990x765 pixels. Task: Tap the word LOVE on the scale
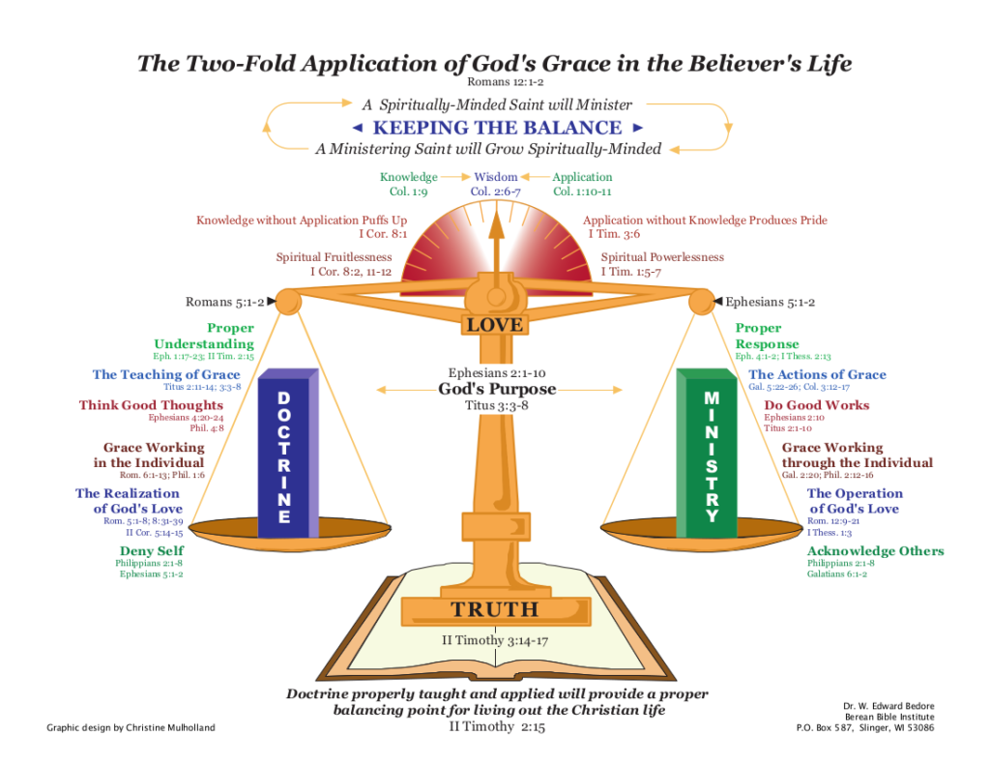tap(495, 325)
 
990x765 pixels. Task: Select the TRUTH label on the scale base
tap(494, 609)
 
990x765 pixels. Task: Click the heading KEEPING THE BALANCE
tap(497, 128)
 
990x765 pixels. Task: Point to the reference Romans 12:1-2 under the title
tap(494, 82)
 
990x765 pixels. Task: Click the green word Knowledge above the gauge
tap(408, 177)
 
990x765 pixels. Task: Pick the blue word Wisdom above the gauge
tap(495, 177)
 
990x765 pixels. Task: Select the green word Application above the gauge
tap(582, 177)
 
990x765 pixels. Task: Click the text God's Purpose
tap(497, 390)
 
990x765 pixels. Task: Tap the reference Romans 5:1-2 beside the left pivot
tap(224, 302)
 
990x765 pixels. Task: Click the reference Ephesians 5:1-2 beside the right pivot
tap(770, 302)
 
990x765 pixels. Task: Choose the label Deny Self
tap(152, 551)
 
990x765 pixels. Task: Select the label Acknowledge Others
tap(876, 551)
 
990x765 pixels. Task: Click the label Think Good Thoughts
tap(151, 405)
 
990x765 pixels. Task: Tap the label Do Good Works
tap(817, 405)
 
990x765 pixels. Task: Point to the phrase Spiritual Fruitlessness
tap(334, 257)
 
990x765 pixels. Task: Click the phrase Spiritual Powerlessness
tap(662, 257)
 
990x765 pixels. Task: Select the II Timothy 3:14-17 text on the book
tap(494, 640)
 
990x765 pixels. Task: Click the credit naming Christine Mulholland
tap(131, 727)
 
